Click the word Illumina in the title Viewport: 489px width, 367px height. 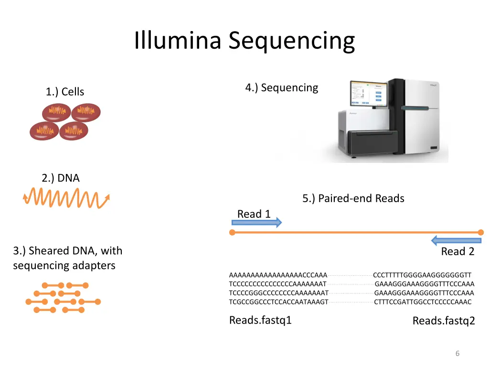[178, 40]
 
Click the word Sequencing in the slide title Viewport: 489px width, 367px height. [292, 42]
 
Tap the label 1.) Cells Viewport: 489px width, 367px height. [65, 92]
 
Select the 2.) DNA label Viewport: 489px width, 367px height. [61, 178]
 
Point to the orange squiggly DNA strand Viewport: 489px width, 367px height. [66, 198]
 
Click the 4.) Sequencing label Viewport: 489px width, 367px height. [282, 88]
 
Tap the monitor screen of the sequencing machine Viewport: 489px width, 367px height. [369, 93]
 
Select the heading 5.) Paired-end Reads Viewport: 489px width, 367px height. [353, 198]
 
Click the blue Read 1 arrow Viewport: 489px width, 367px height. [256, 223]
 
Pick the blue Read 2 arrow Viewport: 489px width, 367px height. [456, 241]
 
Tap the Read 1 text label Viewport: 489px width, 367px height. [254, 214]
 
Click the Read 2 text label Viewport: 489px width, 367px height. [457, 251]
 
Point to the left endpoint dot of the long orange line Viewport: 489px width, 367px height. [232, 233]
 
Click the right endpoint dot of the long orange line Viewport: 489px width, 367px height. [480, 233]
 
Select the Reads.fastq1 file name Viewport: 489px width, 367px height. [260, 320]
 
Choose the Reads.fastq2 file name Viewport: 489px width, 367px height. [444, 321]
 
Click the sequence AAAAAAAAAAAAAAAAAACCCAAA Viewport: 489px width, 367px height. [278, 275]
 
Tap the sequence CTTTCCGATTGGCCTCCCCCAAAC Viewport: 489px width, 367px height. [423, 302]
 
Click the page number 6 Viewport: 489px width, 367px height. [457, 354]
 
